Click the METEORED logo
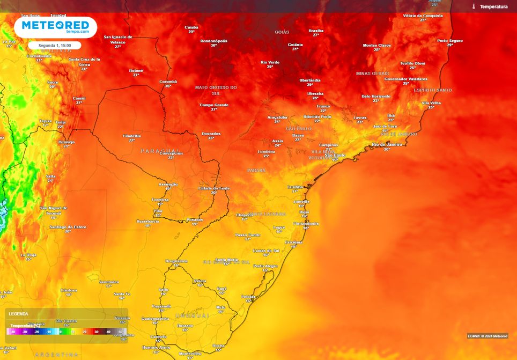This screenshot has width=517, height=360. click(x=55, y=26)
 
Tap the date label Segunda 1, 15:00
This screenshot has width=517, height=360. click(x=55, y=46)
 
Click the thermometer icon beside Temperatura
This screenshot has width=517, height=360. click(x=474, y=6)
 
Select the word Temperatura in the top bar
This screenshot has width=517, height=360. click(x=493, y=6)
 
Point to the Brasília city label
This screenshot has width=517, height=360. click(x=316, y=31)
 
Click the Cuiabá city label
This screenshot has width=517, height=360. click(x=191, y=27)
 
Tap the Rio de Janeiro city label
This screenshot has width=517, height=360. click(x=387, y=144)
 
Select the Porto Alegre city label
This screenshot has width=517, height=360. click(x=265, y=266)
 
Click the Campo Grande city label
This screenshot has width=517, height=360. click(x=214, y=105)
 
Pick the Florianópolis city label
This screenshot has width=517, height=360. click(x=306, y=223)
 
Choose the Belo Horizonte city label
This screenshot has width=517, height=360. click(x=376, y=96)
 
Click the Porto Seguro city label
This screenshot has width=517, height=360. click(x=449, y=41)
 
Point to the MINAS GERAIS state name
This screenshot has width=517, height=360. click(x=372, y=73)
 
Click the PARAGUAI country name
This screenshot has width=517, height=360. click(x=159, y=151)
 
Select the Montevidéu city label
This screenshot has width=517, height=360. click(x=190, y=354)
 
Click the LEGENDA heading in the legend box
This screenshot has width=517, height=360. click(x=18, y=314)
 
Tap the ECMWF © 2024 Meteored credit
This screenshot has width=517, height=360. click(x=487, y=336)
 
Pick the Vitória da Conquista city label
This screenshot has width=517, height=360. click(x=423, y=16)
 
